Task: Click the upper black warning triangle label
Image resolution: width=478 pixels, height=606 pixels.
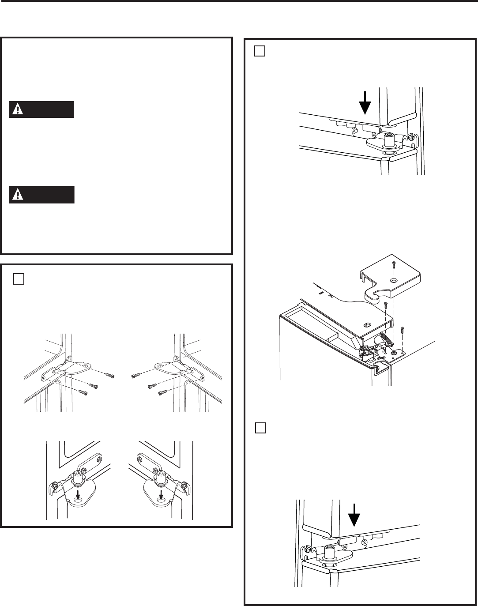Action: pos(41,109)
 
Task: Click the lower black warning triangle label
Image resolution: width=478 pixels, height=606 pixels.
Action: pos(41,195)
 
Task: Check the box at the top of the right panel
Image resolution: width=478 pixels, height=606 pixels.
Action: pos(260,51)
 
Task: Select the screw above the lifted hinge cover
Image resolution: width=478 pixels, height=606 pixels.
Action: pos(394,265)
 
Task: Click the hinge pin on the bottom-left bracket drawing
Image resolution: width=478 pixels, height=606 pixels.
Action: pos(79,476)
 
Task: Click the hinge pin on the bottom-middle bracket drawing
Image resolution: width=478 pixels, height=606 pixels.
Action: pos(161,476)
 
